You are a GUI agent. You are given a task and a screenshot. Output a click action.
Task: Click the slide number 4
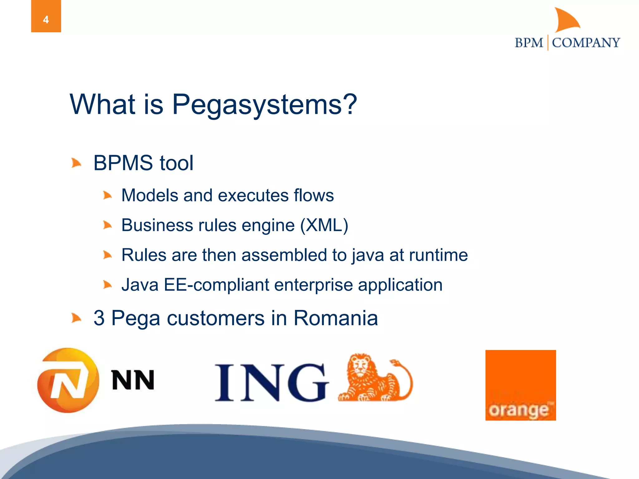pos(46,20)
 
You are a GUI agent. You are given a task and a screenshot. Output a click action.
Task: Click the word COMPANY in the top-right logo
pos(586,43)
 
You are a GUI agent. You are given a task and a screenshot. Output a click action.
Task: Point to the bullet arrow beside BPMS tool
pos(76,163)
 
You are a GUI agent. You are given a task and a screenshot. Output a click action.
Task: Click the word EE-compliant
pos(217,285)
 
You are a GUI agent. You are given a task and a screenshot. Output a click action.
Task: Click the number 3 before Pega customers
pos(99,318)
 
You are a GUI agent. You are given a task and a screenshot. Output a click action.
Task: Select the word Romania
pos(336,318)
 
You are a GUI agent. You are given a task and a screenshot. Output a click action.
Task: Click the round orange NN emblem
pos(68,380)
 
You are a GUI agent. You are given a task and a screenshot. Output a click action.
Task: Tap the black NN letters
pos(133,380)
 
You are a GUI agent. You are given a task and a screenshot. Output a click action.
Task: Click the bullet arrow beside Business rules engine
pos(107,225)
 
